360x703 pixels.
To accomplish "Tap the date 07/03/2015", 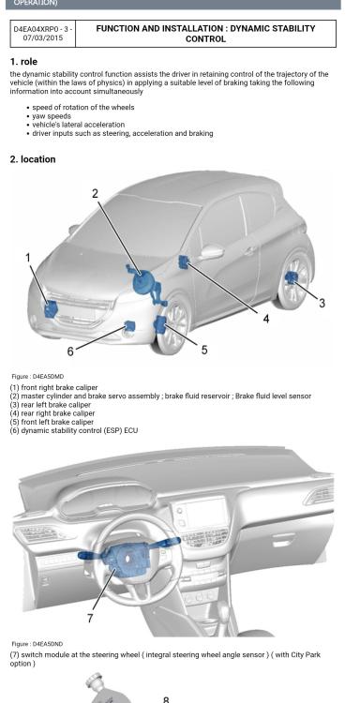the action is (42, 37).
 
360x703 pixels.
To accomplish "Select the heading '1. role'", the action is (23, 62).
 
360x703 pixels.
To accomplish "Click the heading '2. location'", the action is (33, 159).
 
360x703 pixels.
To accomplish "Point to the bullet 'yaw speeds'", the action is (52, 116).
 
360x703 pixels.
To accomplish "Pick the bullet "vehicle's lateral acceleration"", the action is (79, 125).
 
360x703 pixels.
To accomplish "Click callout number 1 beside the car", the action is (28, 258).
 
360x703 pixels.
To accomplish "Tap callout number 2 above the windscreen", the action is (95, 194).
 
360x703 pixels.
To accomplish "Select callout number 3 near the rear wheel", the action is (322, 303).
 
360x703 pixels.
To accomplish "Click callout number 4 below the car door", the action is (266, 319).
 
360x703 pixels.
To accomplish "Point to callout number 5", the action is (204, 350).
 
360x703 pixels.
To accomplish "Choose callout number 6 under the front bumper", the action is (70, 351).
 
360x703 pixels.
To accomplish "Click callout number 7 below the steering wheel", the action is (90, 618).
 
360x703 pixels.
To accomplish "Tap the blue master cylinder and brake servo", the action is (144, 281).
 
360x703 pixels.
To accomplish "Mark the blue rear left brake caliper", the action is (292, 278).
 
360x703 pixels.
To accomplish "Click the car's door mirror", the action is (211, 252).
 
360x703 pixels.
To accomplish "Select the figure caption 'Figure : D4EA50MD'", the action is (34, 377).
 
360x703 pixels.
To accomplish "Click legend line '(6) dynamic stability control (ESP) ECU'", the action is (74, 430).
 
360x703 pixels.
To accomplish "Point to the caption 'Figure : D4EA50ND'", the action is (34, 644).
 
